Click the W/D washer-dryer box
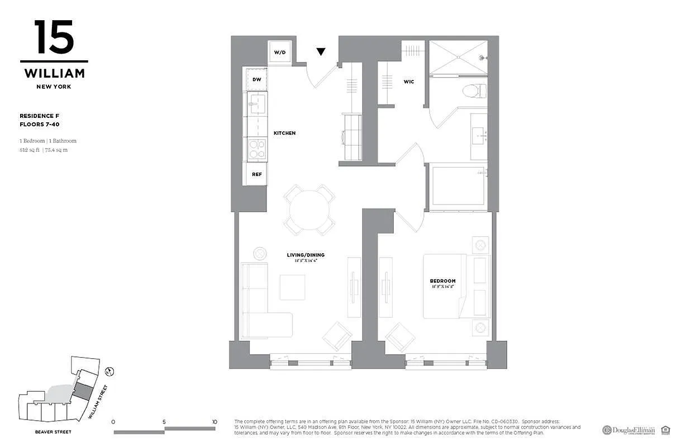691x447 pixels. [x=279, y=53]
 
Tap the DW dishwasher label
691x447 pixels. [x=256, y=79]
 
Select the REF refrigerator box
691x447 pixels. [x=256, y=174]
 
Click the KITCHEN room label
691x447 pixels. [x=284, y=133]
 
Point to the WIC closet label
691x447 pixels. [x=409, y=82]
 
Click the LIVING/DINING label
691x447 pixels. [x=306, y=255]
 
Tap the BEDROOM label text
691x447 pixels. [x=442, y=281]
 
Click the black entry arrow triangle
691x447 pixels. [x=321, y=52]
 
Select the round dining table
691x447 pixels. [x=309, y=210]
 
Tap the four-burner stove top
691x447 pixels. [x=256, y=149]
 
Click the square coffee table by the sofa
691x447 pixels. [x=292, y=287]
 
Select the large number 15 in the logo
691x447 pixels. [x=54, y=37]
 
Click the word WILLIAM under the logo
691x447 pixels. [x=54, y=73]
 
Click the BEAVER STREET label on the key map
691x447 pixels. [x=53, y=432]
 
